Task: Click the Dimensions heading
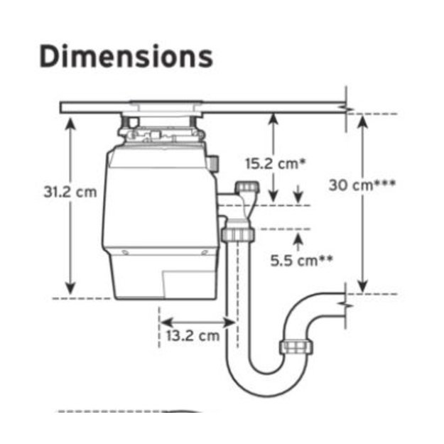click(126, 56)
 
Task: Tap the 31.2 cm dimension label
click(70, 192)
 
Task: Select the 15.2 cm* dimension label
click(276, 163)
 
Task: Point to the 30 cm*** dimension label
click(362, 185)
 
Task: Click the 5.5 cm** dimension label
click(302, 260)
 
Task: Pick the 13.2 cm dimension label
click(193, 336)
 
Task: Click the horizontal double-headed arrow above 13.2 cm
click(197, 323)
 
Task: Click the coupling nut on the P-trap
click(296, 346)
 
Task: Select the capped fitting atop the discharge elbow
click(247, 187)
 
